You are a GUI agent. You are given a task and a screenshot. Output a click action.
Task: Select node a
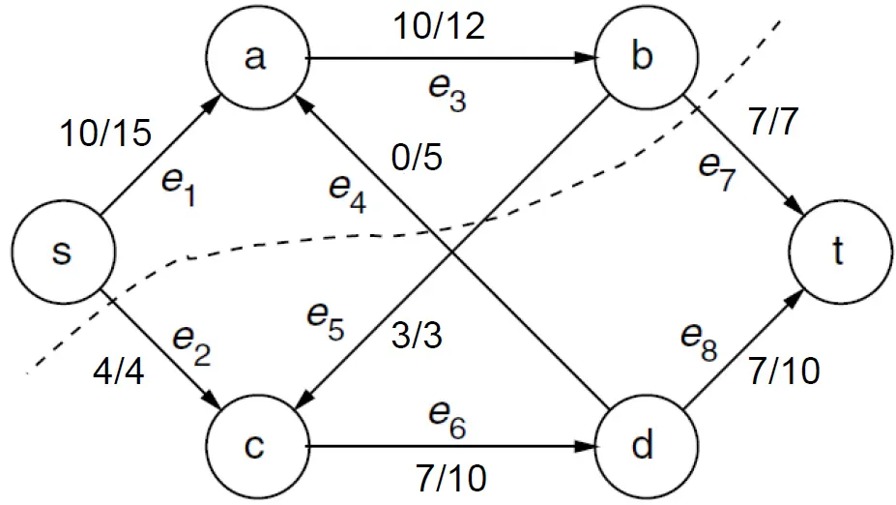[x=255, y=59]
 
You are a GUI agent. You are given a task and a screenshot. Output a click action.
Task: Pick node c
[x=255, y=447]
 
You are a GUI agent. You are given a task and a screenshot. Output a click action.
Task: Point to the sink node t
[x=837, y=253]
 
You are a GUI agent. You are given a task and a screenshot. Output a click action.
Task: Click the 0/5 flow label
[x=418, y=156]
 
